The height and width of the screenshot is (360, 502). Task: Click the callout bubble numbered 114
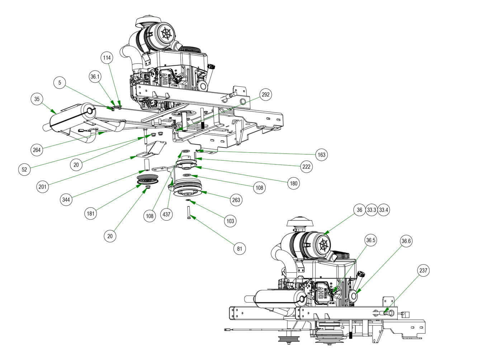click(x=107, y=58)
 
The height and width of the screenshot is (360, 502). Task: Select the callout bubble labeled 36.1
click(x=95, y=76)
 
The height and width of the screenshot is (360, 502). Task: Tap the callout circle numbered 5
click(x=60, y=83)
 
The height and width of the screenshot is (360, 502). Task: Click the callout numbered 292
click(x=266, y=95)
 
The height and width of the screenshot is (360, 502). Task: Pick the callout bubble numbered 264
click(x=37, y=150)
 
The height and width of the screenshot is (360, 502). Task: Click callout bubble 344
click(x=66, y=200)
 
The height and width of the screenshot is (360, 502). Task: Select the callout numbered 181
click(x=90, y=214)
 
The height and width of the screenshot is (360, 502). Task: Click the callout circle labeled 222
click(x=307, y=167)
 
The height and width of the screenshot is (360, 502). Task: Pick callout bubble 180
click(x=294, y=183)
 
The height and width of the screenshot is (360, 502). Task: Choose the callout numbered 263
click(x=236, y=200)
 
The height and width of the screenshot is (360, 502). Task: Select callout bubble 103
click(x=230, y=221)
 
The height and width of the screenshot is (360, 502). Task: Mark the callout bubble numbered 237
click(x=423, y=271)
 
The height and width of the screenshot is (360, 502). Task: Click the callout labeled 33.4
click(x=383, y=210)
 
